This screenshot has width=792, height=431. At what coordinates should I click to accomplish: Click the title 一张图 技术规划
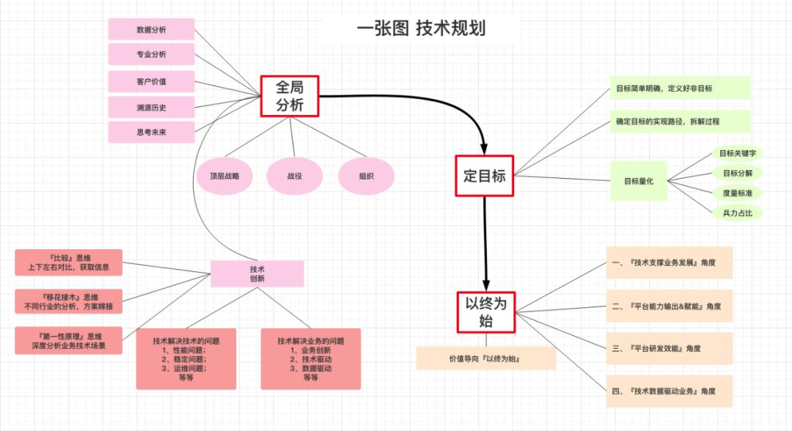pyautogui.click(x=421, y=29)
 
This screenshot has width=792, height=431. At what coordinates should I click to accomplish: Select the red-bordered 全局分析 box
pyautogui.click(x=290, y=96)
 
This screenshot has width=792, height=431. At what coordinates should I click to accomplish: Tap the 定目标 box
pyautogui.click(x=485, y=176)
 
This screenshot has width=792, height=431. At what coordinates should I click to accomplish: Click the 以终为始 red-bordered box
pyautogui.click(x=486, y=312)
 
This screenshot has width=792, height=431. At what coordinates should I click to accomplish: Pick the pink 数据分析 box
pyautogui.click(x=152, y=29)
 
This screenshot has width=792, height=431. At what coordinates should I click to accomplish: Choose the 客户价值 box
pyautogui.click(x=152, y=81)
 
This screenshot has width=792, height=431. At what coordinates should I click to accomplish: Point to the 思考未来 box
pyautogui.click(x=152, y=132)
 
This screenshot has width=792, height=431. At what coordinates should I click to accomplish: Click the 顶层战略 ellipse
pyautogui.click(x=224, y=176)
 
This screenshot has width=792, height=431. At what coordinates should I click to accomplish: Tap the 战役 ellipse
pyautogui.click(x=295, y=176)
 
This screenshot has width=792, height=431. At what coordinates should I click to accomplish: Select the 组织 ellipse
pyautogui.click(x=366, y=176)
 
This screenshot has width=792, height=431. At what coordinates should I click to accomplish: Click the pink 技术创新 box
pyautogui.click(x=257, y=274)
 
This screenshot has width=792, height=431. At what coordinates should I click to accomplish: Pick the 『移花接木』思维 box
pyautogui.click(x=69, y=302)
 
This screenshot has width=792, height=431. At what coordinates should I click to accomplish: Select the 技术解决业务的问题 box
pyautogui.click(x=311, y=359)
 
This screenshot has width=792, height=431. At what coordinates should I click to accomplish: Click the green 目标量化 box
pyautogui.click(x=639, y=181)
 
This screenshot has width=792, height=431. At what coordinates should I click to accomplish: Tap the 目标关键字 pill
pyautogui.click(x=738, y=153)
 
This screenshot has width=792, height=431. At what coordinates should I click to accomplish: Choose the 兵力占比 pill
pyautogui.click(x=738, y=213)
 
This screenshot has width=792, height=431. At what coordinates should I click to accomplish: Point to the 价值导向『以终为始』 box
pyautogui.click(x=486, y=359)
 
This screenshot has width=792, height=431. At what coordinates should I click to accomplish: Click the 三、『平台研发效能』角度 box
pyautogui.click(x=670, y=348)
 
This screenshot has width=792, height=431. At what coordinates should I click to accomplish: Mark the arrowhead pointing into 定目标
pyautogui.click(x=484, y=148)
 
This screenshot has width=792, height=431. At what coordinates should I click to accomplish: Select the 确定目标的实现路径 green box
pyautogui.click(x=680, y=122)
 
